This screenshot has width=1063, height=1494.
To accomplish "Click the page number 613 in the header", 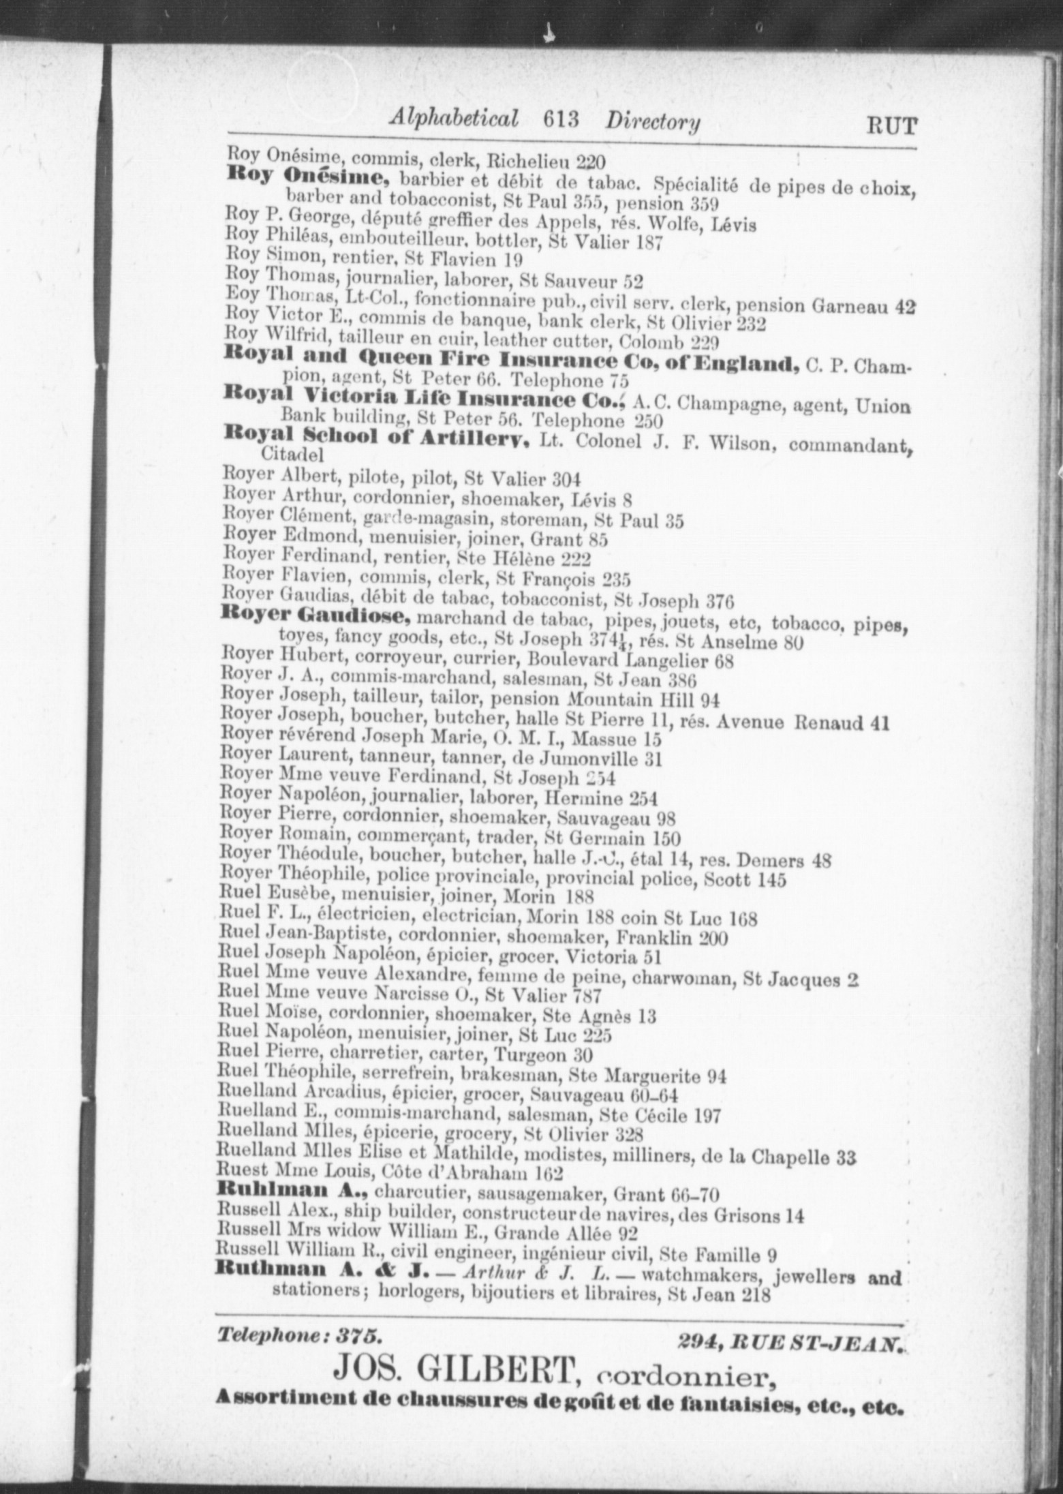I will [x=561, y=121].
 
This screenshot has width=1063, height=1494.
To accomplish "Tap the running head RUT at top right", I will [x=891, y=126].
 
